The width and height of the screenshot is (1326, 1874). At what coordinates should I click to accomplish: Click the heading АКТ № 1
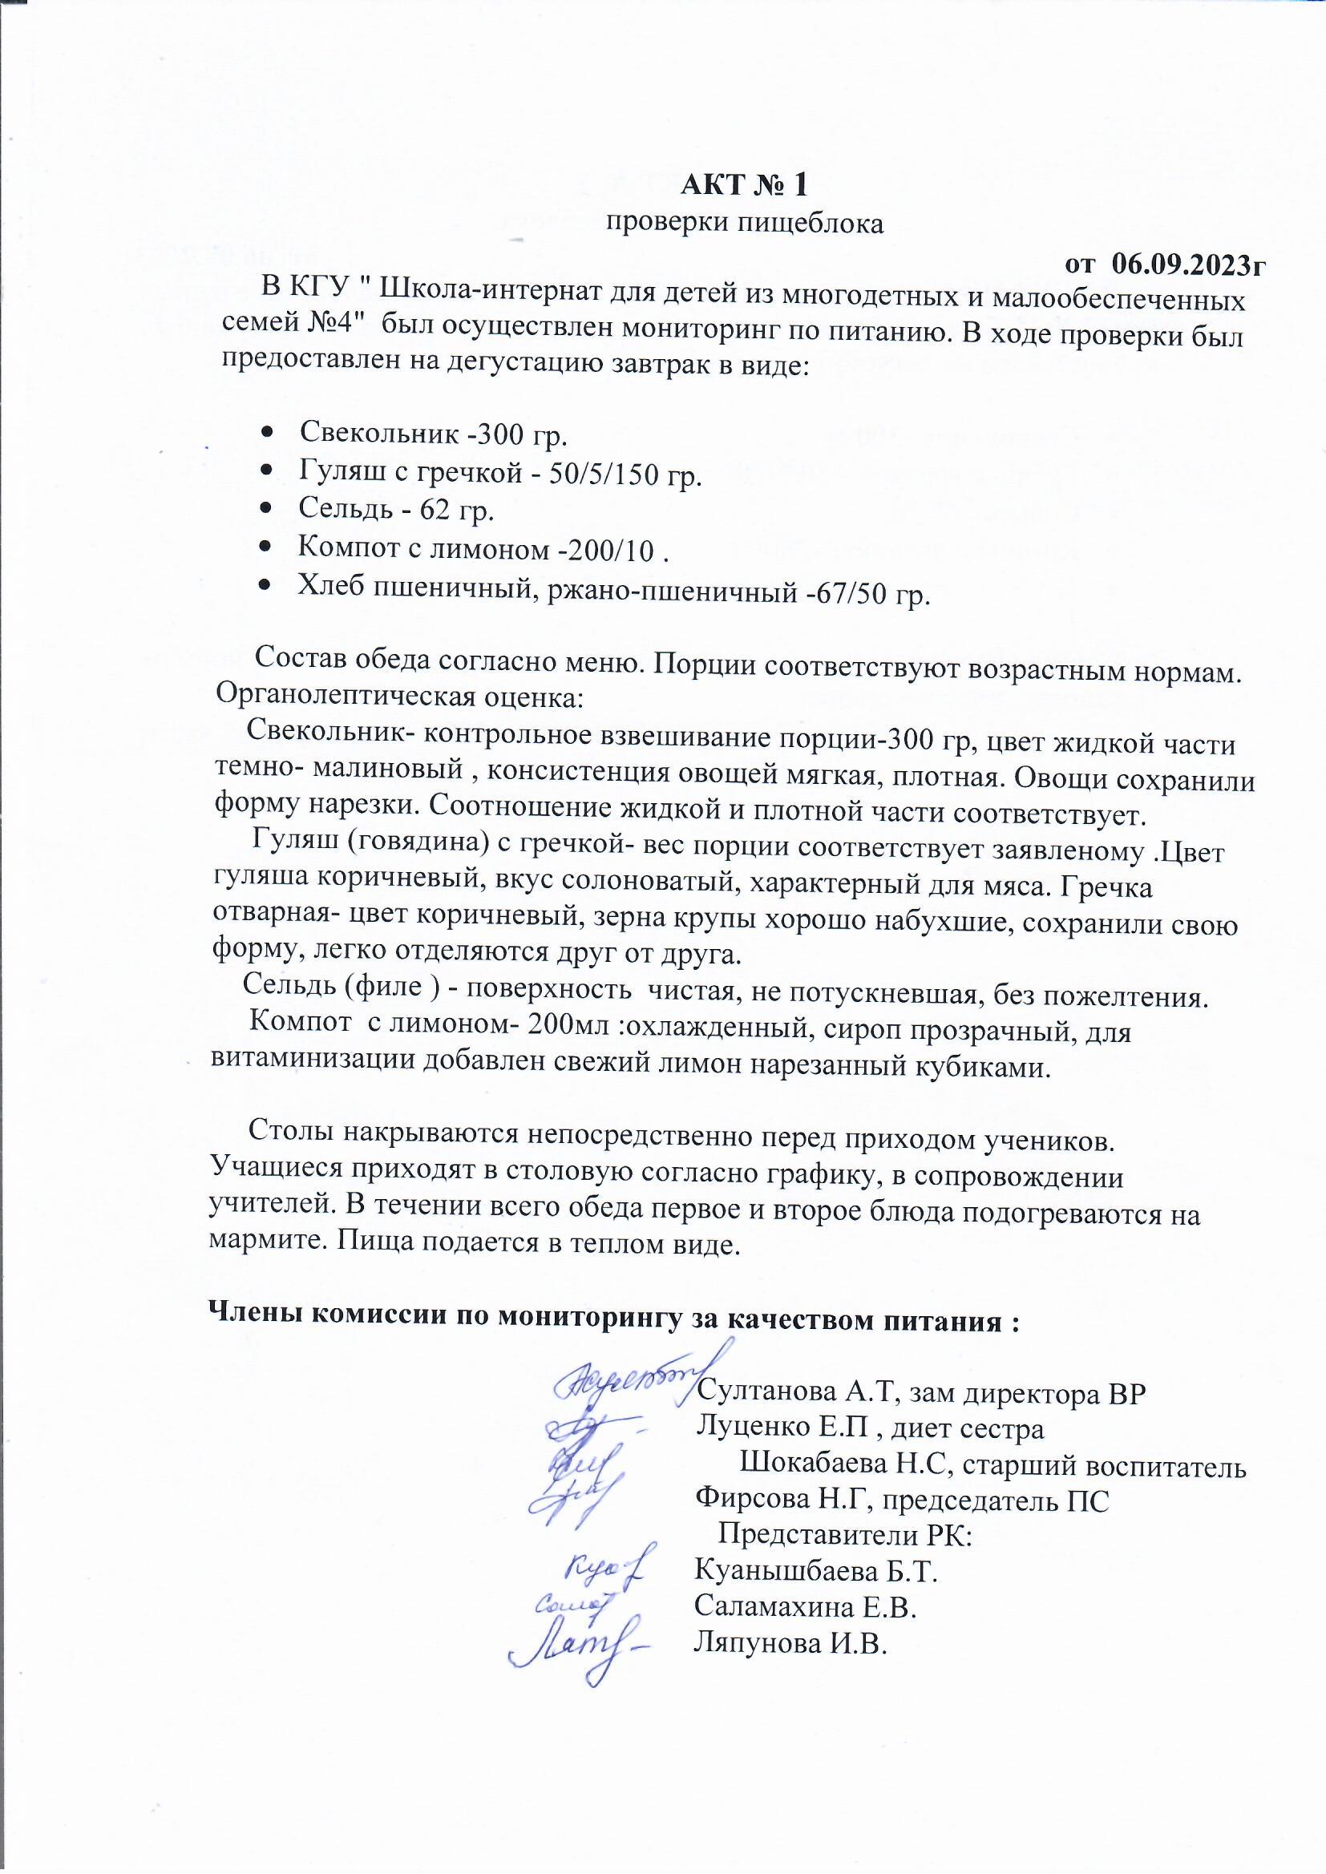tap(744, 185)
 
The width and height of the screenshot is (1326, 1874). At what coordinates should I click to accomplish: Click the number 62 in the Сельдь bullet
tap(435, 510)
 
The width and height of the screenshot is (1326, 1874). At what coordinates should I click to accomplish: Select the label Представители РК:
tap(844, 1535)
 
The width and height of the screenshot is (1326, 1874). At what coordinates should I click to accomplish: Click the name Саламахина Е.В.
tap(805, 1606)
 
